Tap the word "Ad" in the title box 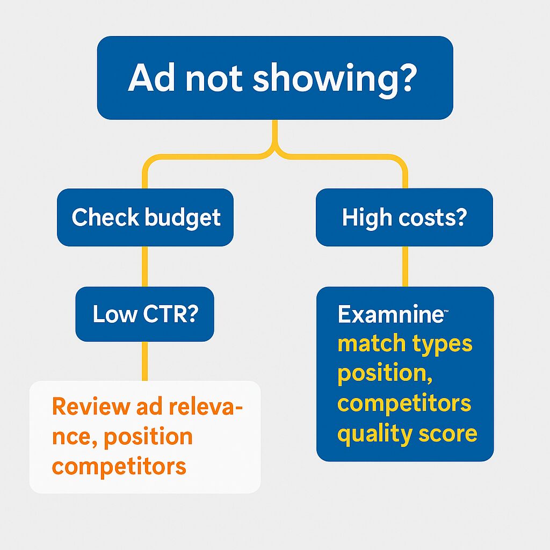tap(151, 77)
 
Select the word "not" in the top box tap(214, 79)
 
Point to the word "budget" tap(183, 218)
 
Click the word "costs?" tap(433, 218)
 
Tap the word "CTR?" tap(170, 314)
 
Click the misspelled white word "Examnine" tap(391, 314)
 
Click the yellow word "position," tap(385, 374)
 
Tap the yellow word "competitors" tap(404, 404)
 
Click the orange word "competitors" tap(119, 467)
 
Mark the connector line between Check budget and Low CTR tap(145, 266)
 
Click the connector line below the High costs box tap(405, 266)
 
